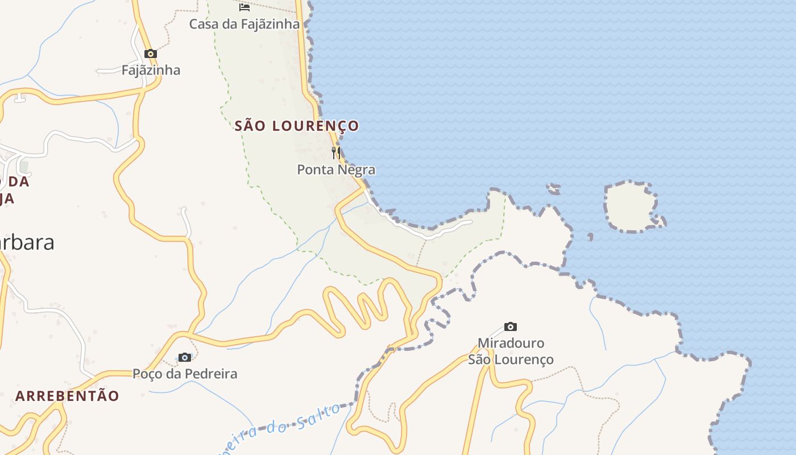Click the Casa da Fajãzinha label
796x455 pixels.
[244, 24]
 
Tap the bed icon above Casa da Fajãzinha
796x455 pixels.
[244, 7]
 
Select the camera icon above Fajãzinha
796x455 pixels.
[150, 54]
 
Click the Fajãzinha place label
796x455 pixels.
[151, 70]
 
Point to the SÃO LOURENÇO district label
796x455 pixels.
[297, 126]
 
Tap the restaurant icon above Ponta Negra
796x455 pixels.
[336, 152]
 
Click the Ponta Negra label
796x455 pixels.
[336, 169]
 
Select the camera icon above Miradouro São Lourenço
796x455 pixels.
[511, 326]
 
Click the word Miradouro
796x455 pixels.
[511, 343]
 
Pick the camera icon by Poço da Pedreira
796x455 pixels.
[184, 357]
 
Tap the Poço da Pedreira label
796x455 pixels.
[185, 374]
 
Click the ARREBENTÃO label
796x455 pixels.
[67, 396]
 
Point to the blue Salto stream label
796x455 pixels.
[318, 418]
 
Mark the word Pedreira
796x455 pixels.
[210, 374]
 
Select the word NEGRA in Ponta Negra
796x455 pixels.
[355, 169]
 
